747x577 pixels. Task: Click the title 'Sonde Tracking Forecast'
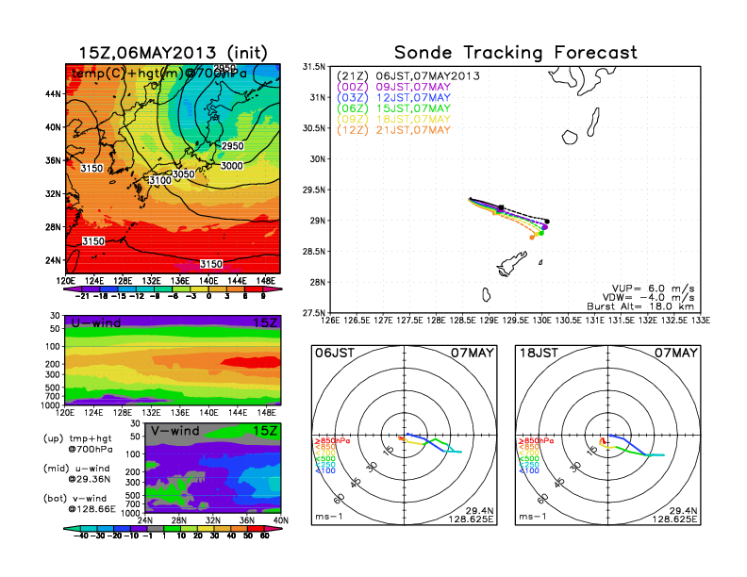[x=515, y=53]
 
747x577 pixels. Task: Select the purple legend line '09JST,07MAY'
[x=409, y=87]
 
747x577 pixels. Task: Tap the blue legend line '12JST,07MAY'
[x=409, y=97]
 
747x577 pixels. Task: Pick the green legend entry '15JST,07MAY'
[x=409, y=108]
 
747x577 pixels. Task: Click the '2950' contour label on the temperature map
[x=232, y=147]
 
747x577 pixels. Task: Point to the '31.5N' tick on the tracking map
[x=313, y=67]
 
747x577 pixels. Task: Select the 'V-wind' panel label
[x=175, y=432]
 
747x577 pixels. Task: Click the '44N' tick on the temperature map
[x=52, y=94]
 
